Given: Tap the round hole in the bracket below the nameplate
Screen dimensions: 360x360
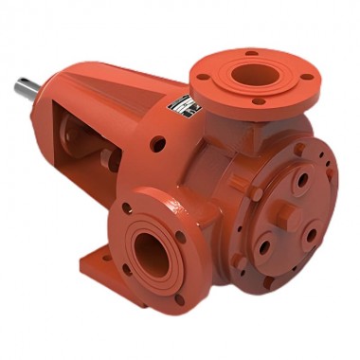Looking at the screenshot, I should (x=158, y=144).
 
